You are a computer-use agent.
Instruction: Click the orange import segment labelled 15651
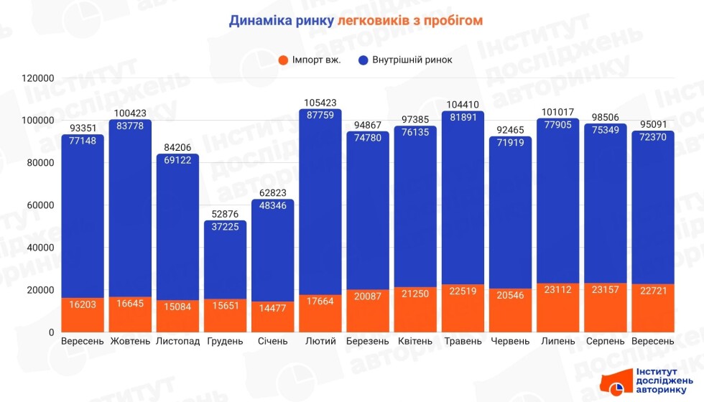click(225, 305)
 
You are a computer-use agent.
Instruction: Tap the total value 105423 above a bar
click(320, 103)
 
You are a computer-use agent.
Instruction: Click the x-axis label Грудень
click(225, 341)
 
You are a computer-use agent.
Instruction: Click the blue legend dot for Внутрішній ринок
click(362, 60)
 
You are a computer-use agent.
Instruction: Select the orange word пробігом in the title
click(452, 20)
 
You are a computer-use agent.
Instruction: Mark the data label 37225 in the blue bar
click(225, 227)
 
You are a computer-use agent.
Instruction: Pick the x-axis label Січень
click(272, 341)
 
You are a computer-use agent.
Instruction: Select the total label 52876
click(225, 214)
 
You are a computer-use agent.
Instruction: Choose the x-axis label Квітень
click(415, 341)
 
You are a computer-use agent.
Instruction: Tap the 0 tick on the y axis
click(51, 332)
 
